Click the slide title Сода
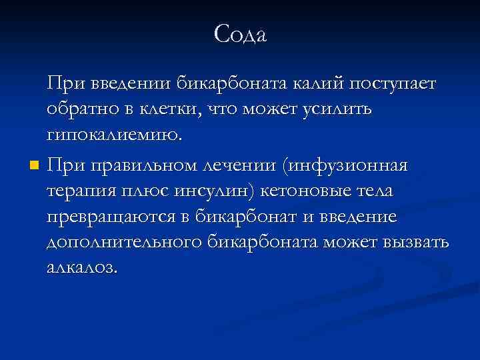click(x=240, y=34)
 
